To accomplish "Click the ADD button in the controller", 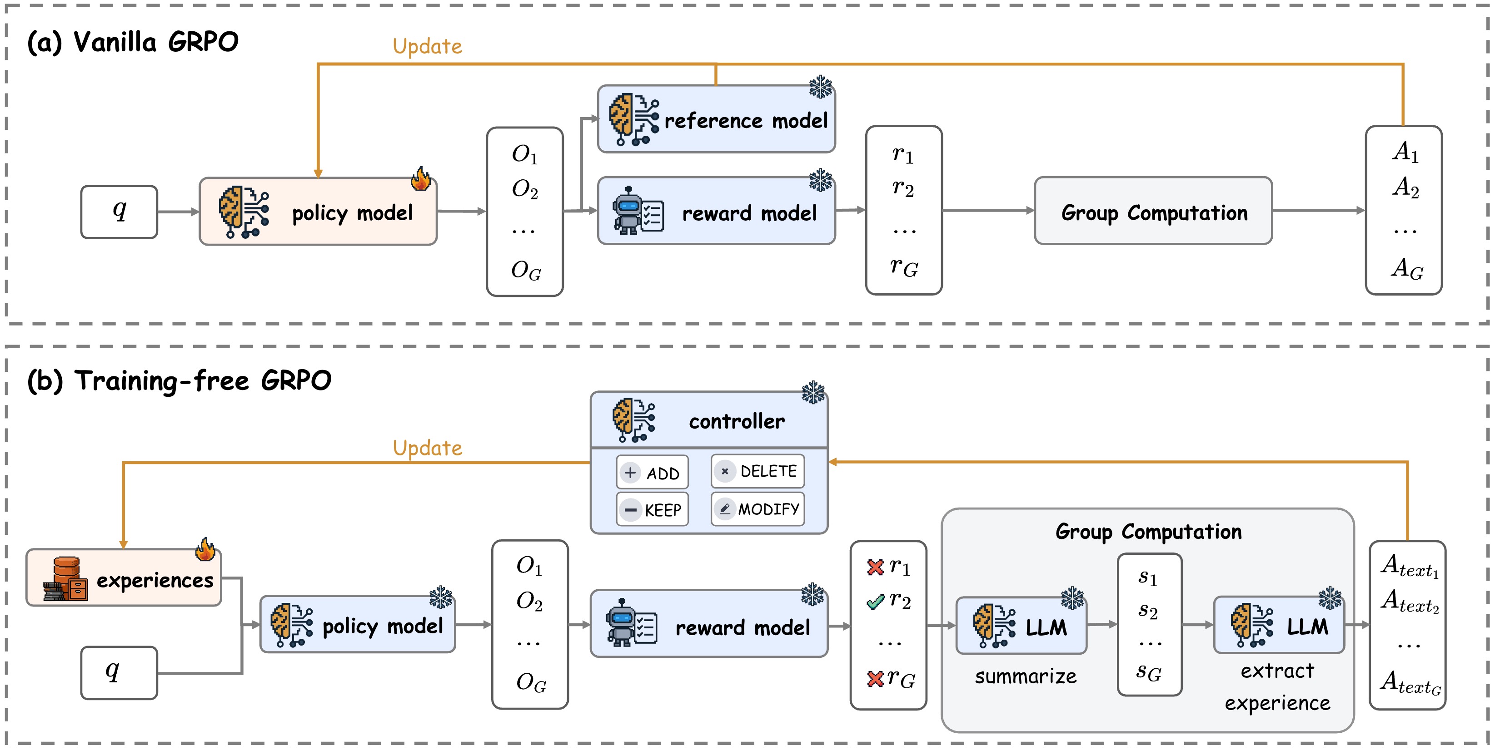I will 652,473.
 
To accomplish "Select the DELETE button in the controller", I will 757,471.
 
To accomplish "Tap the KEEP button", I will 652,510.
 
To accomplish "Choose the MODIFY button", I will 757,508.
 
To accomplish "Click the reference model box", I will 716,120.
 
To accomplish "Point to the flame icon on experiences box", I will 205,549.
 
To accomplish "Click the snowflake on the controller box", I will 813,393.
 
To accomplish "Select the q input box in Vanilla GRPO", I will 119,212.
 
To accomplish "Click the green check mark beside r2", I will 875,602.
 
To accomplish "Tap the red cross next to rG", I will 875,679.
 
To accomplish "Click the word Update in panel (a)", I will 427,46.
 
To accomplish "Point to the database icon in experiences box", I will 65,579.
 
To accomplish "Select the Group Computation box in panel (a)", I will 1153,212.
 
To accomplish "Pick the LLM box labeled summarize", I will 1021,627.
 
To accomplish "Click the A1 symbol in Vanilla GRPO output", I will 1405,152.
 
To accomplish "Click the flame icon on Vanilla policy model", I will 421,179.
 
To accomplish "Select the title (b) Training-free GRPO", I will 179,381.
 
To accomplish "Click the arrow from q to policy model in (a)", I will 178,212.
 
